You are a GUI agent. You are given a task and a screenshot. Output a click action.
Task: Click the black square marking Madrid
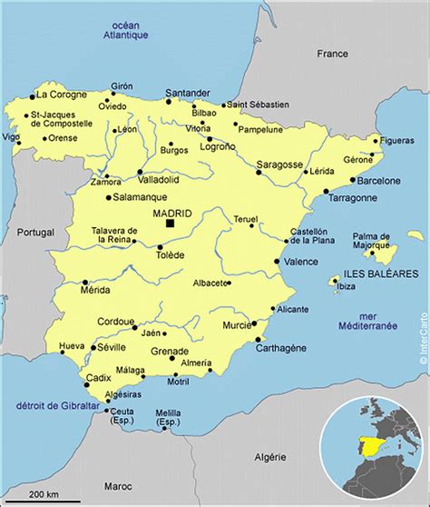[x=171, y=223]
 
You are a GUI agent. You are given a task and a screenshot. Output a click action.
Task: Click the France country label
[x=332, y=54]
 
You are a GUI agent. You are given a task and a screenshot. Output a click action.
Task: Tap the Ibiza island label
[x=346, y=287]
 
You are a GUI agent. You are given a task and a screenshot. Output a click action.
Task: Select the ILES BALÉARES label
[x=380, y=273]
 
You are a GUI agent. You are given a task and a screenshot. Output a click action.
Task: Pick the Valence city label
[x=301, y=262]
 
